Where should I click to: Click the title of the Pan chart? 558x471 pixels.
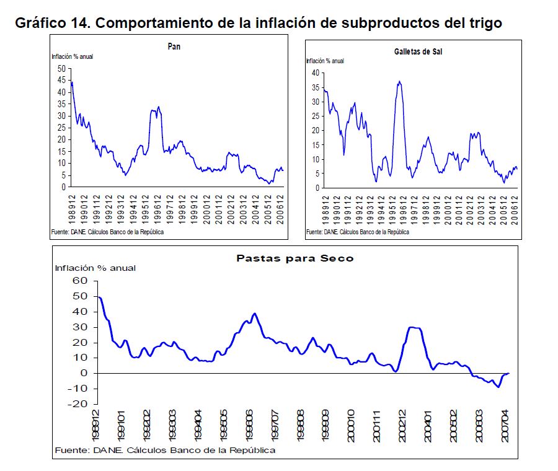click(174, 46)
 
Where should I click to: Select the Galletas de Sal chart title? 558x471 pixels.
click(418, 51)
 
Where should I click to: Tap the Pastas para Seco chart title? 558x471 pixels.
click(295, 258)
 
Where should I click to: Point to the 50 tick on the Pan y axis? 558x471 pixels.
click(61, 69)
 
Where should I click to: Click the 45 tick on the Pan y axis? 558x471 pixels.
click(61, 81)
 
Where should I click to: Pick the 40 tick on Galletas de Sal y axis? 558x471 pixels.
click(315, 73)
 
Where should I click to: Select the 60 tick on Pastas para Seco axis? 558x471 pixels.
click(81, 281)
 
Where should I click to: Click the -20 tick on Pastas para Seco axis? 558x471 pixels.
click(79, 404)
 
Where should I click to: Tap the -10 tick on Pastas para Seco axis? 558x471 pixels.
click(79, 389)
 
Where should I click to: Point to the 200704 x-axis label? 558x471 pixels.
click(506, 425)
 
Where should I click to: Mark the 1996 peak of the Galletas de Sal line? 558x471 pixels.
click(399, 81)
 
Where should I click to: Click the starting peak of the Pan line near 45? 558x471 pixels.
click(72, 82)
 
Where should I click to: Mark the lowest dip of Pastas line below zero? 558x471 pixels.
click(498, 387)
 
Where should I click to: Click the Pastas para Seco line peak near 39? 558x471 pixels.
click(254, 314)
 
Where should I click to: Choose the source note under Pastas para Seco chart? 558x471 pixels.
click(165, 450)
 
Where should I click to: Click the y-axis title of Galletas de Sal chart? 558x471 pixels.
click(325, 61)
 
